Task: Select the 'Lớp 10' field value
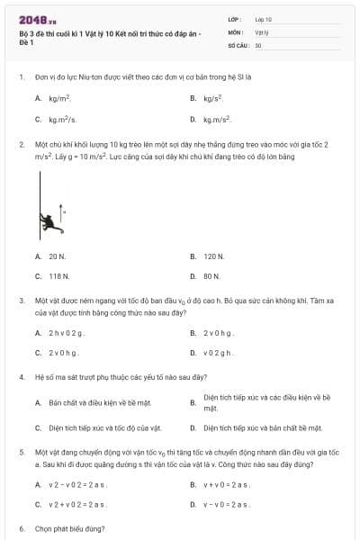264,19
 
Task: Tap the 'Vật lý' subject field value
262,31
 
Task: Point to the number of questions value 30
258,44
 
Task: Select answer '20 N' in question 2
58,256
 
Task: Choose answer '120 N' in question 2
213,256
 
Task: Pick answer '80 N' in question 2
211,276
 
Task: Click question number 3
22,300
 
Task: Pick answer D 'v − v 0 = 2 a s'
225,505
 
